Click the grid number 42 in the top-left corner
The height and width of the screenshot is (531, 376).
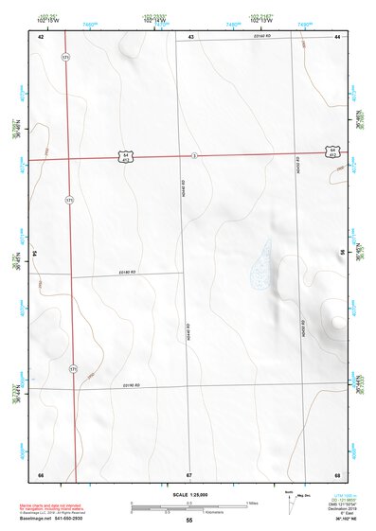click(x=41, y=36)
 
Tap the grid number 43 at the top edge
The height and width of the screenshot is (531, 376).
click(x=190, y=36)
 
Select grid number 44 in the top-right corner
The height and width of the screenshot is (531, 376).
click(x=337, y=36)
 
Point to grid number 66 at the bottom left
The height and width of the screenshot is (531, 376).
click(x=41, y=474)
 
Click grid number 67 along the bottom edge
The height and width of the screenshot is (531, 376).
click(x=189, y=474)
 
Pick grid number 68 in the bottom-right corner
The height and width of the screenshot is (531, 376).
click(x=337, y=474)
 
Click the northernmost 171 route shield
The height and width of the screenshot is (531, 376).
click(x=65, y=59)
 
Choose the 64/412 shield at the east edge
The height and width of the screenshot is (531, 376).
click(x=331, y=150)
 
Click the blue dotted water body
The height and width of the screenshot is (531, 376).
click(x=260, y=267)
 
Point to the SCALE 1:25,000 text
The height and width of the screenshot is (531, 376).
click(x=189, y=494)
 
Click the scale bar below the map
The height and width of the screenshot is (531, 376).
click(x=188, y=506)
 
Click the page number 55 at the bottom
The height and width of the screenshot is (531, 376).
click(x=189, y=521)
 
